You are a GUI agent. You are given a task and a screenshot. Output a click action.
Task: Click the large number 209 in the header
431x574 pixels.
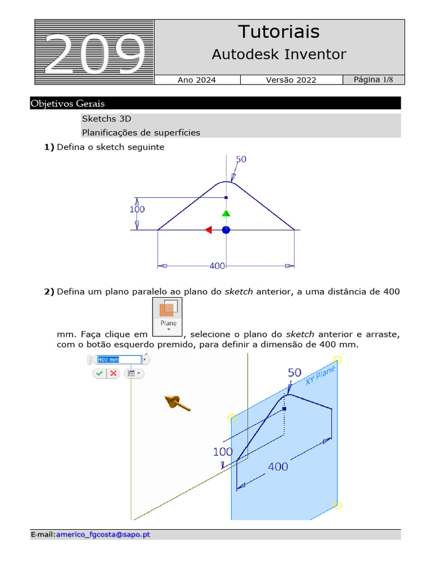pos(94,54)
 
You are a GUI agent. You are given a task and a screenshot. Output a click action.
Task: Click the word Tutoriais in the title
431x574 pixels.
pos(279,31)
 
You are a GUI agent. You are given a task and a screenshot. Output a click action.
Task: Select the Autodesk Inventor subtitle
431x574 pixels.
pos(279,54)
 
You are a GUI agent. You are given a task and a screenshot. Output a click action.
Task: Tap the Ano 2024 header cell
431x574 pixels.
pos(196,80)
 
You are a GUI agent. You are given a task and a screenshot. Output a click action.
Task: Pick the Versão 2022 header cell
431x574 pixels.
pos(291,80)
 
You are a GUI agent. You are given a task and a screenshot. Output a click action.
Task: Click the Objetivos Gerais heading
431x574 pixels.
pos(68,104)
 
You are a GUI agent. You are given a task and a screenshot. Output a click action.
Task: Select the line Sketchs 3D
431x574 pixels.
pos(107,119)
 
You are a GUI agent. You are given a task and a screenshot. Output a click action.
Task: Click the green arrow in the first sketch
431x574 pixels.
pos(226,213)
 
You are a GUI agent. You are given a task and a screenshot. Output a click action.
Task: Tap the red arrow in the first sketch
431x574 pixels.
pos(208,230)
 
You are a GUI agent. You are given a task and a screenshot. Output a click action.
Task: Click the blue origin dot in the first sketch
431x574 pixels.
pos(226,230)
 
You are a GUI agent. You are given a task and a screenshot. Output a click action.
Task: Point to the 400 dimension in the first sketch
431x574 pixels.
pos(217,266)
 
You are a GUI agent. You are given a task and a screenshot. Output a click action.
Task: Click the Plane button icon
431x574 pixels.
pos(168,315)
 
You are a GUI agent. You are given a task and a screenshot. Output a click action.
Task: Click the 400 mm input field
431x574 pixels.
pos(118,359)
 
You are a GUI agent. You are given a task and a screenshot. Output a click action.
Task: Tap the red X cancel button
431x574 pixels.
pos(113,373)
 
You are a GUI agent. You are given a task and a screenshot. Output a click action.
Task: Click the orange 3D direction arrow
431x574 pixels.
pos(177,402)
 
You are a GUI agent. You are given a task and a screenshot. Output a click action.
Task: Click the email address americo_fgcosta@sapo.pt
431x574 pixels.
pos(103,535)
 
